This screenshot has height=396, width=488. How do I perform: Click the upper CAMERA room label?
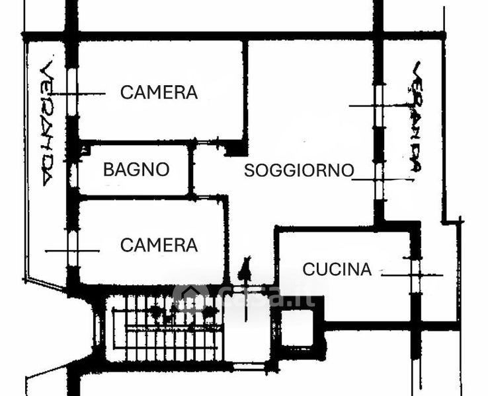coord(159,92)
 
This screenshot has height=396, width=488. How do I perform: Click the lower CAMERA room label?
coord(159,246)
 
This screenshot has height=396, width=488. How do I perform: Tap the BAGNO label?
coord(136,170)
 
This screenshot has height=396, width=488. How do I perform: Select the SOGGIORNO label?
coord(299,170)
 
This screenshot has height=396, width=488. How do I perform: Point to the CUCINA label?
coord(337,269)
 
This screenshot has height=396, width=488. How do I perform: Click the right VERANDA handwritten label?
coord(415,117)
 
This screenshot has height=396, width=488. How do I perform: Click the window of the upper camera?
coord(72,93)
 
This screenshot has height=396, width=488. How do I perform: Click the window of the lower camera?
coord(72,249)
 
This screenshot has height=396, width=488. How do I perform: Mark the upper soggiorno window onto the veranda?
coord(379,106)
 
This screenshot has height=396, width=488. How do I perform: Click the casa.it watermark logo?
coord(245,297)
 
